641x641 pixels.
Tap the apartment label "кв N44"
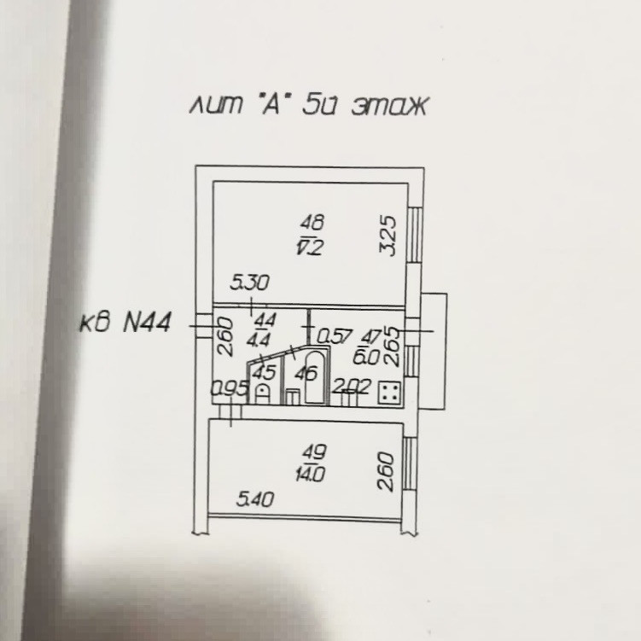coord(125,323)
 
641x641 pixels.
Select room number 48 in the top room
coord(312,224)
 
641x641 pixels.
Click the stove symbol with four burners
coord(389,392)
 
